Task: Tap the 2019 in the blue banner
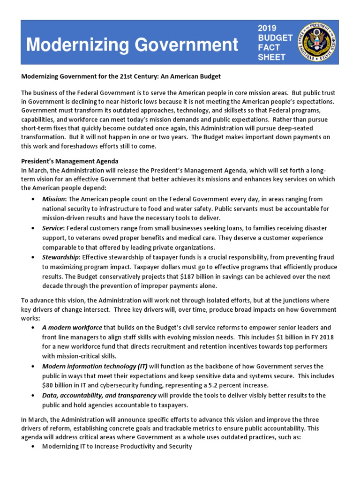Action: coord(268,29)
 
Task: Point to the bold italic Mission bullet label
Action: coord(53,199)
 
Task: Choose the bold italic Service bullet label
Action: coord(52,228)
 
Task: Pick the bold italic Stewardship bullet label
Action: coord(60,257)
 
